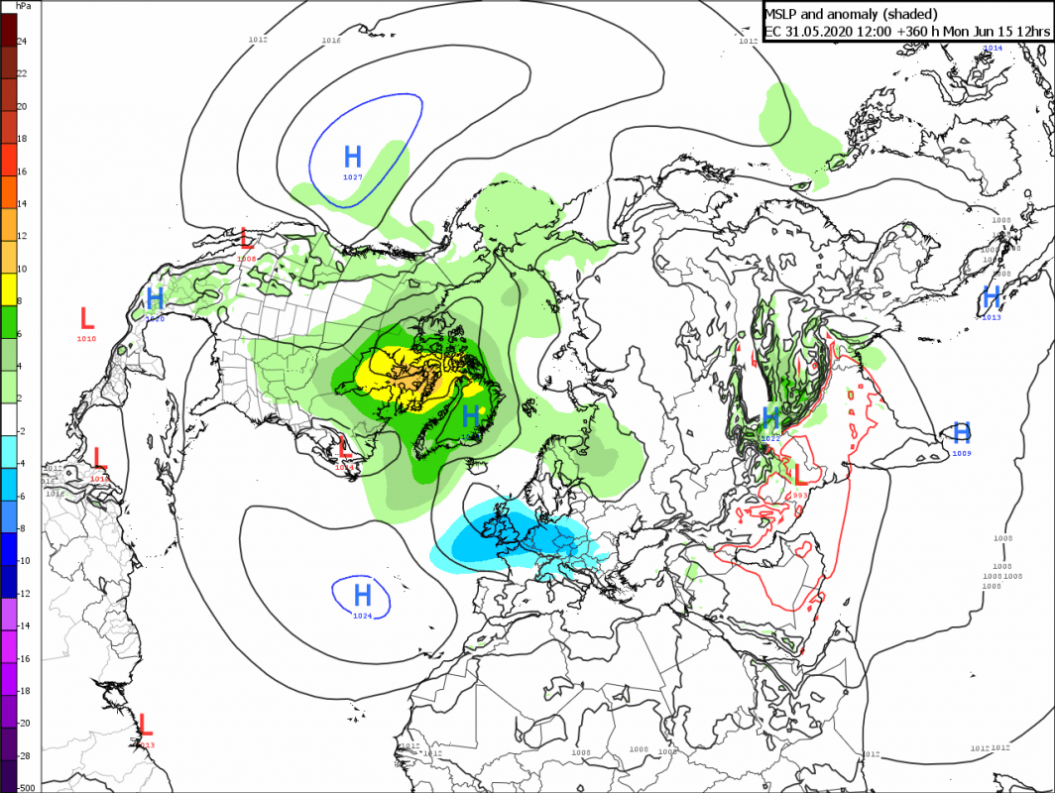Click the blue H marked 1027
(353, 157)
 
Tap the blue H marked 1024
(362, 595)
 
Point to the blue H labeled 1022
(770, 417)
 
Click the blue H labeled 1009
(961, 432)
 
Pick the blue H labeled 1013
(991, 296)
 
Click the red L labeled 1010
(86, 318)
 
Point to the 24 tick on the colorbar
(22, 42)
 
